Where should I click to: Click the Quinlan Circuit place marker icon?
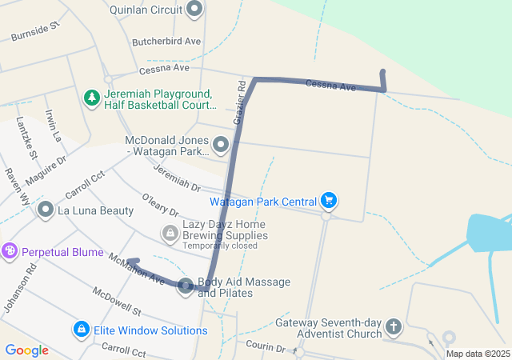pos(194,10)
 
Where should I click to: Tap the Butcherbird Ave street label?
pos(166,41)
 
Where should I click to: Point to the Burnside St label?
pos(35,32)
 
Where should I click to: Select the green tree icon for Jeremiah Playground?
pos(92,98)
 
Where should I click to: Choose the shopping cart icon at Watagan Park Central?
pos(328,200)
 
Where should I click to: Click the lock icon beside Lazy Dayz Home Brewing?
pos(170,233)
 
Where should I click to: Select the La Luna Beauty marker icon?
pos(46,210)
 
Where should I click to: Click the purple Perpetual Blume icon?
pos(10,252)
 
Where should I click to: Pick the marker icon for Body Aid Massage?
pos(186,286)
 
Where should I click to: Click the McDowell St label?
pos(116,300)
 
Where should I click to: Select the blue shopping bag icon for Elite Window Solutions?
pos(81,330)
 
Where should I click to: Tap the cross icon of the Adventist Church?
pos(393,326)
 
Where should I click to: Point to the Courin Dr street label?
pos(266,348)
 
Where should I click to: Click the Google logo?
pos(26,350)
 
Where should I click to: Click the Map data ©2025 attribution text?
pos(478,354)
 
